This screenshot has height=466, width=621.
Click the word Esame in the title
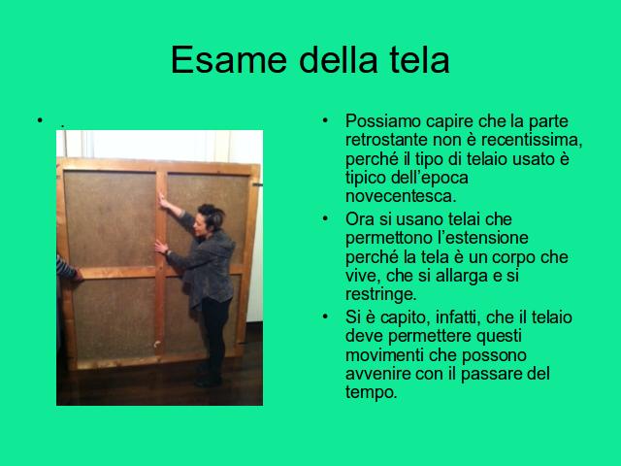(229, 60)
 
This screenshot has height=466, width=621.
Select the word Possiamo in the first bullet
(382, 121)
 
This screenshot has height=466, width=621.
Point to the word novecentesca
(401, 196)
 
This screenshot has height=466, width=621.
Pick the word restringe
(380, 294)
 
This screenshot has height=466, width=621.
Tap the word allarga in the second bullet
(462, 276)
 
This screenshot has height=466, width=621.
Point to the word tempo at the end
(371, 392)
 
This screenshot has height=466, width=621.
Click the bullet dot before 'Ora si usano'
(325, 218)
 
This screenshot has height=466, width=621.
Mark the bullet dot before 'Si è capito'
(325, 316)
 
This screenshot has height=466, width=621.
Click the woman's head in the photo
(210, 220)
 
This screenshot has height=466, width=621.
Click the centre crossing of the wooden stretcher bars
(160, 272)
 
